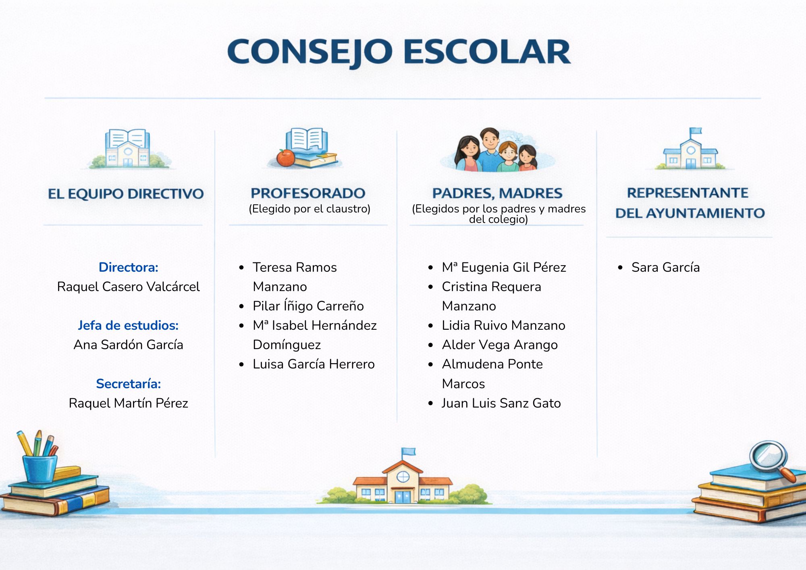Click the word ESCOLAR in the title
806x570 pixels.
point(487,52)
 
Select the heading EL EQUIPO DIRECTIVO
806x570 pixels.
point(126,194)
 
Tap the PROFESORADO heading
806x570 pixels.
point(308,193)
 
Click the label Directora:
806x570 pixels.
point(129,267)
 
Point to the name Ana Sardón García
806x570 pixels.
point(128,345)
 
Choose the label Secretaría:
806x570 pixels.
point(129,384)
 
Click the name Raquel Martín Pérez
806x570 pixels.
point(128,403)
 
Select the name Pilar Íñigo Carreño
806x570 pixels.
point(308,306)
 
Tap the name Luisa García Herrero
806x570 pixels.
point(314,364)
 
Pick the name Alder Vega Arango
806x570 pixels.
point(500,345)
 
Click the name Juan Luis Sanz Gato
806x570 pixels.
point(501,403)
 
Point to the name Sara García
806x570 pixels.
point(666,267)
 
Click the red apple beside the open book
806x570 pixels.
point(286,158)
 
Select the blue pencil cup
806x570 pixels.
point(39,468)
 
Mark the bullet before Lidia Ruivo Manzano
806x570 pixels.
point(431,326)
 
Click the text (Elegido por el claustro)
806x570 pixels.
point(310,209)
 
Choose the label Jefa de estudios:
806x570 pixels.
point(128,325)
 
